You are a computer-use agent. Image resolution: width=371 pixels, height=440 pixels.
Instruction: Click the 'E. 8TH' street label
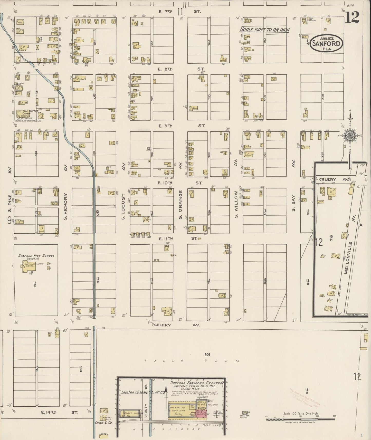click(x=163, y=69)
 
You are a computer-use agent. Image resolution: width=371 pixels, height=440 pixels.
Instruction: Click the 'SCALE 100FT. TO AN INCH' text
click(x=264, y=30)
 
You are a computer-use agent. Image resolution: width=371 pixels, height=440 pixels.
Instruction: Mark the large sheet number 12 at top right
click(x=352, y=18)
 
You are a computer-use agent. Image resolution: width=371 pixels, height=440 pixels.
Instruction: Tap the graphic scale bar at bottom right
click(x=300, y=419)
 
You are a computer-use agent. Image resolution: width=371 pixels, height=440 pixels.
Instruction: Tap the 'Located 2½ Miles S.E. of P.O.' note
click(x=141, y=392)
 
